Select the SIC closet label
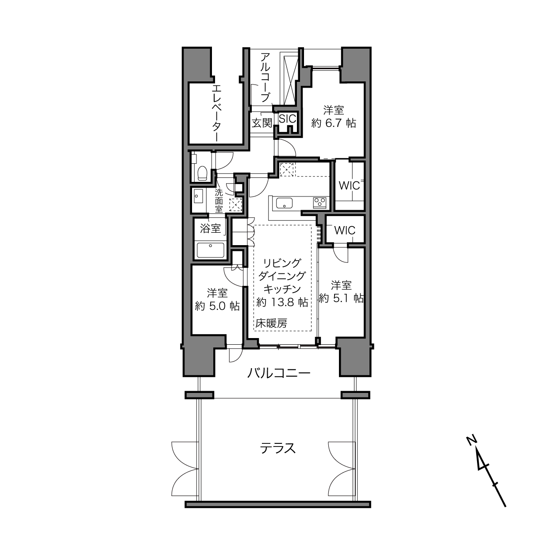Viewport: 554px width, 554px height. click(x=287, y=119)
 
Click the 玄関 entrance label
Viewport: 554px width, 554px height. click(x=262, y=123)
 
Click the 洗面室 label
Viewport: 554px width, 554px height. click(x=219, y=201)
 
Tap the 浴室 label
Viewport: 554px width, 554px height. click(x=211, y=229)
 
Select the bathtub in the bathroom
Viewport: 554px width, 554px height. click(x=211, y=250)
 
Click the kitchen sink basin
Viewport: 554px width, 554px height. click(x=284, y=203)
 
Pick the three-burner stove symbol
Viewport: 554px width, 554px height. click(x=319, y=202)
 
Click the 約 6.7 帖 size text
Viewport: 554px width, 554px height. click(x=334, y=123)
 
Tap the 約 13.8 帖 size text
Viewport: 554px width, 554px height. click(x=282, y=302)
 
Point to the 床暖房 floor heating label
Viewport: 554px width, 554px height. click(x=271, y=324)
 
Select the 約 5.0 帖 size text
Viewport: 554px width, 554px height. click(x=217, y=306)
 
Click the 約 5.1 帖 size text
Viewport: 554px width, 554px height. click(x=341, y=298)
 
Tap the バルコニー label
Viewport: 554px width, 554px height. click(x=279, y=373)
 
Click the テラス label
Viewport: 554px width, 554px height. click(x=278, y=448)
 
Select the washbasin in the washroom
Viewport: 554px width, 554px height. click(x=199, y=196)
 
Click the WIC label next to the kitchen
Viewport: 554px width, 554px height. click(x=349, y=186)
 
